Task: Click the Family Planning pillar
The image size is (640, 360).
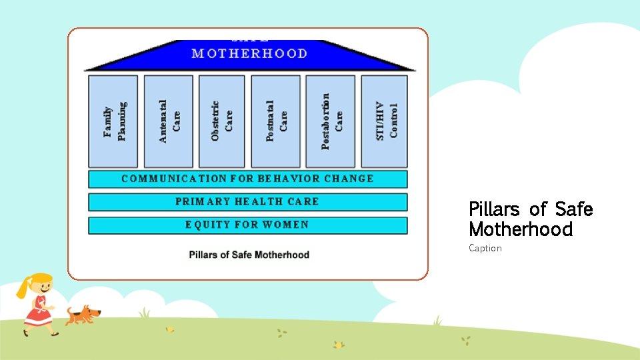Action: (x=113, y=121)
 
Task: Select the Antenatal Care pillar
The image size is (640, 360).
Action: (x=169, y=121)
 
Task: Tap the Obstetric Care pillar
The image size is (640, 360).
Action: (x=222, y=121)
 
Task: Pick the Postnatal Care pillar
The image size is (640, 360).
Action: (x=276, y=121)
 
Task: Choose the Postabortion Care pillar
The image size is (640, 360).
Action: (x=331, y=121)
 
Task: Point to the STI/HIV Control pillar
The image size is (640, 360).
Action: (x=385, y=121)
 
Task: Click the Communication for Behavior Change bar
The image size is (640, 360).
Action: (x=247, y=179)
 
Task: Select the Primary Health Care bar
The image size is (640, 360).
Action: (x=247, y=202)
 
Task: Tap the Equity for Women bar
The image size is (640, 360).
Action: (x=247, y=225)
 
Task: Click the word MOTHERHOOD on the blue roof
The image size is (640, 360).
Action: (x=249, y=53)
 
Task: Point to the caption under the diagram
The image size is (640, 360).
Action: (x=249, y=255)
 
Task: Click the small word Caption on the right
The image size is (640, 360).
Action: (x=485, y=249)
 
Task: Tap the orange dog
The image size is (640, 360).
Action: (x=83, y=314)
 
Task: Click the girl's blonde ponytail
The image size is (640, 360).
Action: (x=24, y=289)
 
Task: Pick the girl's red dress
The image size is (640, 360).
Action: (x=39, y=312)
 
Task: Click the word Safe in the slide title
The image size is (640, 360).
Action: (x=573, y=209)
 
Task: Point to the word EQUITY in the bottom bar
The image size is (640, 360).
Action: (x=207, y=225)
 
